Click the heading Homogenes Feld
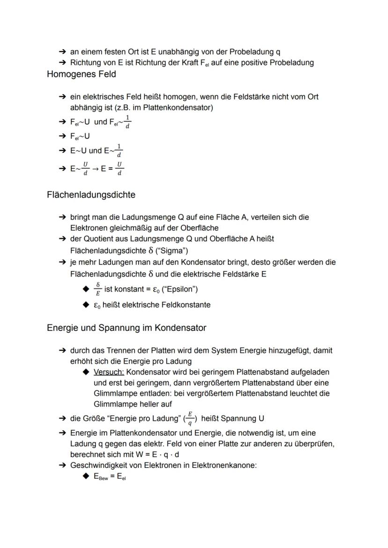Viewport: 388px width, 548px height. click(82, 74)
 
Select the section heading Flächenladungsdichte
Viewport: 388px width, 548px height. click(91, 194)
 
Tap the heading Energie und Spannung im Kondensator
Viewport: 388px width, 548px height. click(126, 328)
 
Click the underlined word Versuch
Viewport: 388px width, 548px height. click(109, 372)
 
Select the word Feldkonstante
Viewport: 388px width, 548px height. click(186, 305)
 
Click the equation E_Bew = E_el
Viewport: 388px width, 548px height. click(110, 477)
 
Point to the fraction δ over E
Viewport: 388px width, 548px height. click(97, 288)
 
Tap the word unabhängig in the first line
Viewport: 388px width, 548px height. click(183, 52)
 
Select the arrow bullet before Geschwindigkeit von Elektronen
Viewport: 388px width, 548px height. click(62, 465)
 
